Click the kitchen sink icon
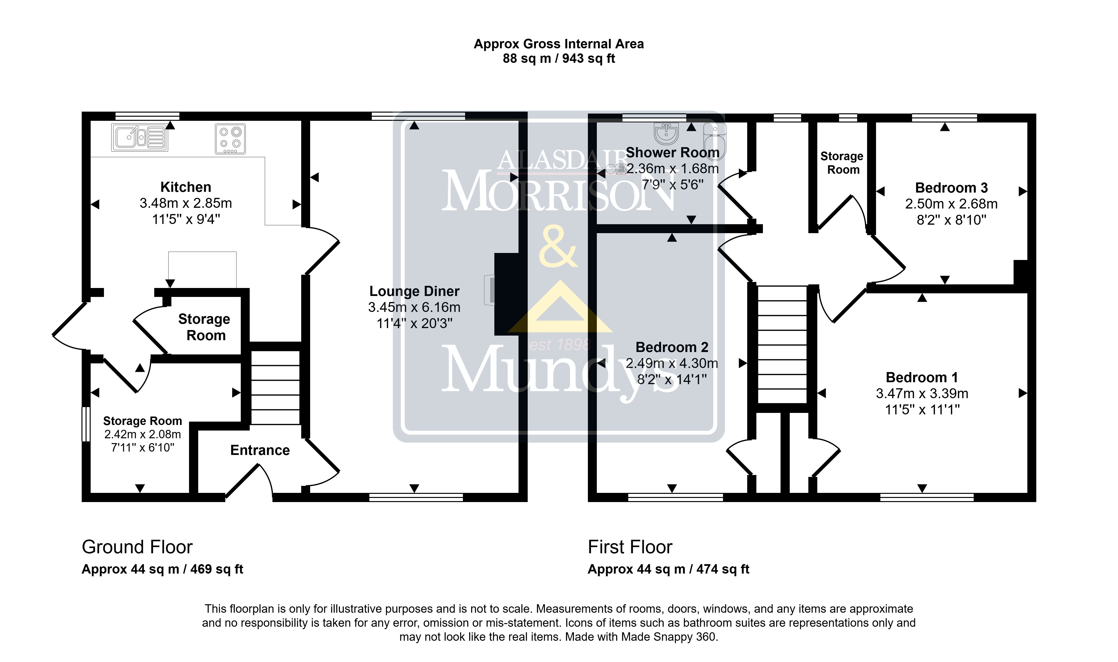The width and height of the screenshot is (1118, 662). [x=140, y=138]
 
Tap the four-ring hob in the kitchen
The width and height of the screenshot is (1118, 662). [x=230, y=139]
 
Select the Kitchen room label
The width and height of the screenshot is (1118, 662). [x=186, y=187]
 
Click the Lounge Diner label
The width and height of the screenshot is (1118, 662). [x=414, y=291]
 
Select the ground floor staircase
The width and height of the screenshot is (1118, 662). [x=275, y=388]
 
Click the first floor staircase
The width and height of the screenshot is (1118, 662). [x=782, y=344]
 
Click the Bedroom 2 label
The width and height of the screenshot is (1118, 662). [x=672, y=347]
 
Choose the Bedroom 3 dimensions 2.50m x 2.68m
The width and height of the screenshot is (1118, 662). [x=951, y=204]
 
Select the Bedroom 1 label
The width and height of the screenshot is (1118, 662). [x=922, y=377]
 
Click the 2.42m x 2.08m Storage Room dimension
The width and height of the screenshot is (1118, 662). [x=143, y=434]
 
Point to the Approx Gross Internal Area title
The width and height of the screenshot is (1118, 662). [x=559, y=44]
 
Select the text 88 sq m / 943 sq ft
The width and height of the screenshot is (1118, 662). [x=559, y=58]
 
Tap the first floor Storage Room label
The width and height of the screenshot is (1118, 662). [x=842, y=163]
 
